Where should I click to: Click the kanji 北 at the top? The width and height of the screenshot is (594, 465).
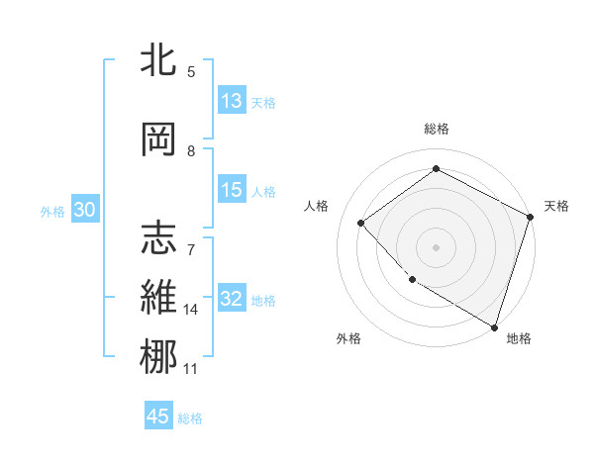coord(159,60)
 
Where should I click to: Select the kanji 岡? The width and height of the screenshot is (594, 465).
coord(159,139)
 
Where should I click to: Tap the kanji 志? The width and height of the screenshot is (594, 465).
coord(159,237)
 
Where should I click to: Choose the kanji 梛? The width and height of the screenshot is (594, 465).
coord(159,356)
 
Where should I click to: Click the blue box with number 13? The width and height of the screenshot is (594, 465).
coord(232,101)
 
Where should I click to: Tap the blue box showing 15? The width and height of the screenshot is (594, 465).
coord(232,190)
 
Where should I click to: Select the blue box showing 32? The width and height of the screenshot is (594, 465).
coord(232,300)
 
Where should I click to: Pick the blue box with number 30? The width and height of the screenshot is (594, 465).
coord(84,211)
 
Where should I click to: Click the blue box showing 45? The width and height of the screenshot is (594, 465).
coord(158,417)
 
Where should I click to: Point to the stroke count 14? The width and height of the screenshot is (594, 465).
coord(191,310)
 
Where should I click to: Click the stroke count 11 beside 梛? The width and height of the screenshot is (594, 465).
coord(191,369)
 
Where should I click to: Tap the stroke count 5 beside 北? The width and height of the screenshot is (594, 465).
coord(191,71)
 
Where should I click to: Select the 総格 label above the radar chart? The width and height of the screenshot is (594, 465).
coord(436,129)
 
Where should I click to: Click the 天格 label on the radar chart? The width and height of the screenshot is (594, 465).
coord(556,206)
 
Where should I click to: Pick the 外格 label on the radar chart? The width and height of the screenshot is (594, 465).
coord(348,338)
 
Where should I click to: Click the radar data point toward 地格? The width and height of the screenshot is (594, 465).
coord(494,325)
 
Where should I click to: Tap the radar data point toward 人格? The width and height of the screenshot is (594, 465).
coord(361,224)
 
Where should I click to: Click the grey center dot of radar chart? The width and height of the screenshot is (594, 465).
coord(436,247)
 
